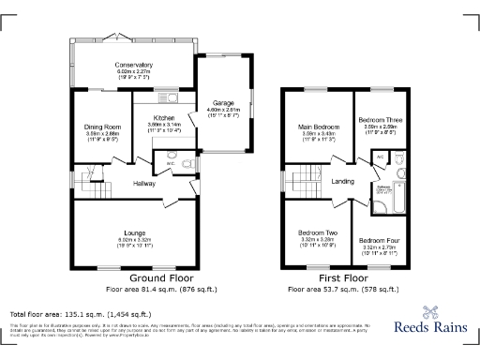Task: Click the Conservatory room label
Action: click(134, 63)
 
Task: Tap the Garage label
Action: click(223, 102)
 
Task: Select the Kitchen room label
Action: click(164, 118)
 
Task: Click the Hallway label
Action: click(143, 183)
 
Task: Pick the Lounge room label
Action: click(135, 231)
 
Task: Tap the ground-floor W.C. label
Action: click(172, 165)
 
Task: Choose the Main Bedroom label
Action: click(319, 126)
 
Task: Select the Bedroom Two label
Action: click(318, 232)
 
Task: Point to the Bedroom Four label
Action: click(379, 241)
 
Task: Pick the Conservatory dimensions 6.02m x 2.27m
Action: click(134, 69)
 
